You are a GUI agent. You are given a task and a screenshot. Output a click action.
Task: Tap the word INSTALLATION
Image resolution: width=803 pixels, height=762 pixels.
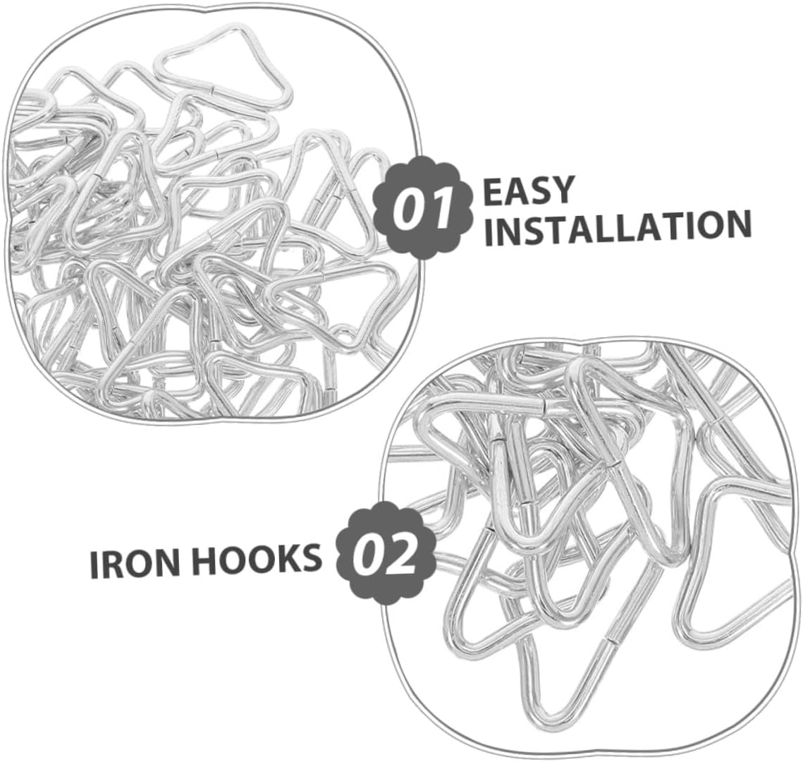(x=617, y=227)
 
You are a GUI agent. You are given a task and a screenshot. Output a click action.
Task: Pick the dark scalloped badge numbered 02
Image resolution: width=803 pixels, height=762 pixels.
(x=384, y=554)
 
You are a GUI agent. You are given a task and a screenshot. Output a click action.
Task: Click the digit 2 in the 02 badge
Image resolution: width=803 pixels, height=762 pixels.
(x=404, y=555)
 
